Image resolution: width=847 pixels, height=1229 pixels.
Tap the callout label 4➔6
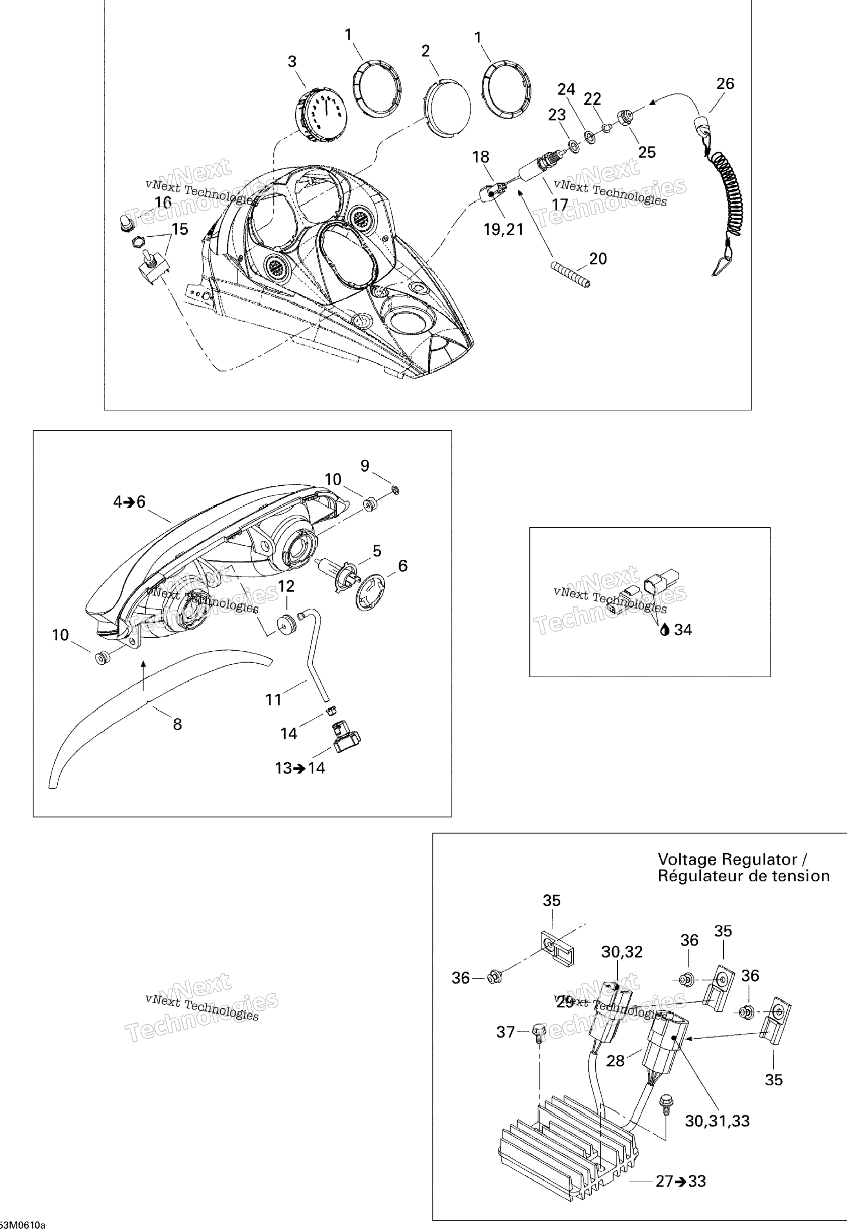129,502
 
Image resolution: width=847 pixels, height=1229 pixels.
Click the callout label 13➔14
300,768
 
